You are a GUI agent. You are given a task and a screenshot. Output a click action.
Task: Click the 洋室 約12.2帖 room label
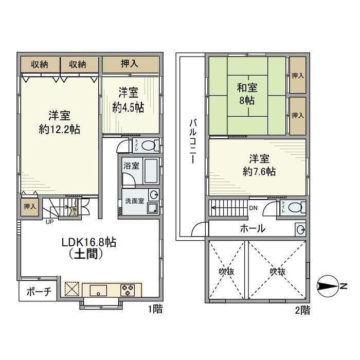[60, 122]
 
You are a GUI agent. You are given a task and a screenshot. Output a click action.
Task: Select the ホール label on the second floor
[253, 229]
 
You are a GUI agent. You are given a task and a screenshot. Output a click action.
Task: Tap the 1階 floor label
[155, 310]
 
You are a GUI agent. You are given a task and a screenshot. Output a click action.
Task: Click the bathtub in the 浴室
[151, 171]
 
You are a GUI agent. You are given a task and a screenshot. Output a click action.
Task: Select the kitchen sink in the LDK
[97, 290]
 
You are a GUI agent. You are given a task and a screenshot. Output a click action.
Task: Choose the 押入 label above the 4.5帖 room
[130, 64]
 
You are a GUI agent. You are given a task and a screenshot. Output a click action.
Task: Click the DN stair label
[254, 208]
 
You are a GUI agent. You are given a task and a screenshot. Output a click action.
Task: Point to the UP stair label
[49, 222]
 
